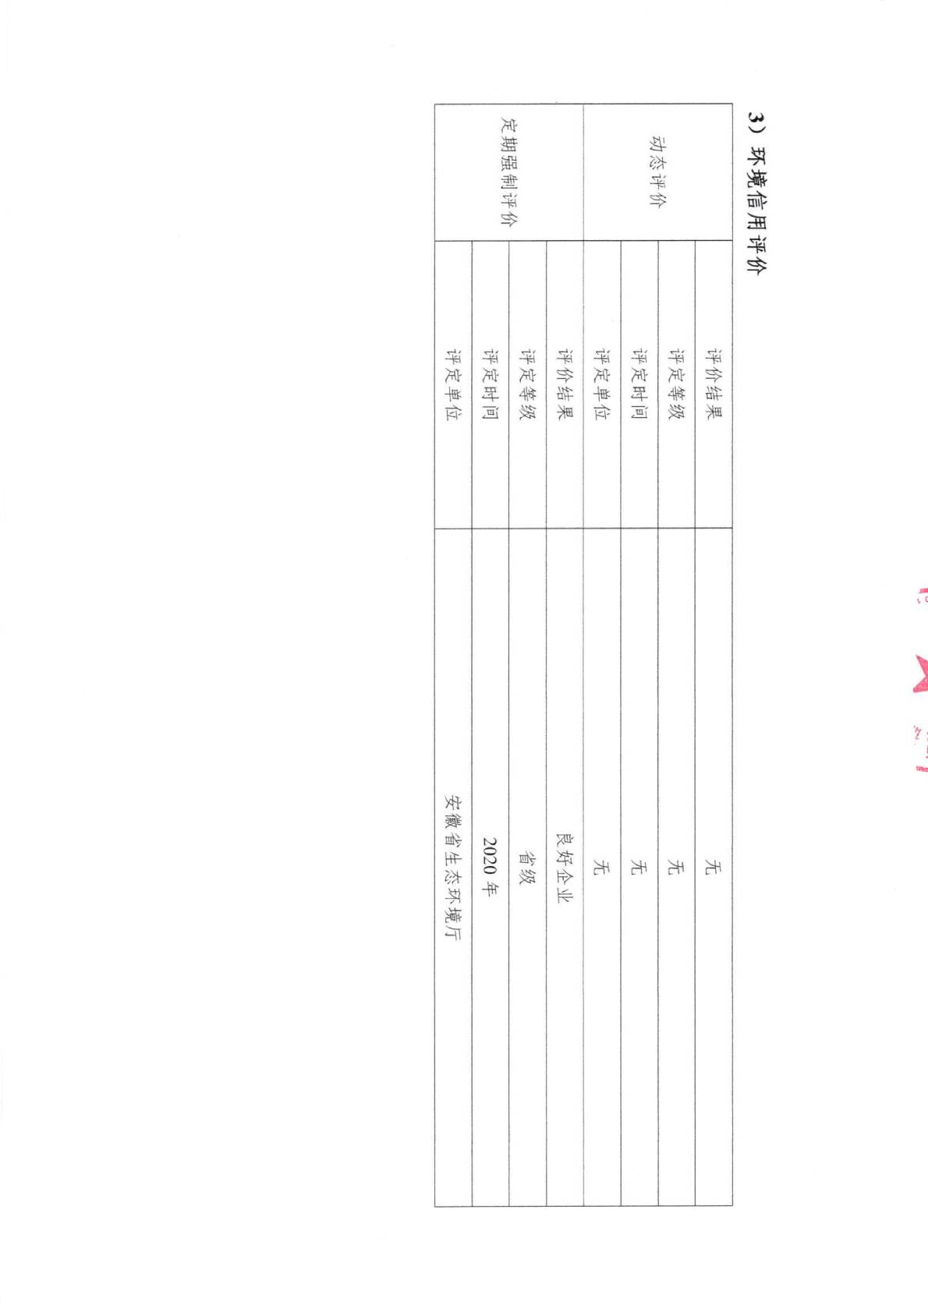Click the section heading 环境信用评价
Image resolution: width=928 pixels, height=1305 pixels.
tap(756, 200)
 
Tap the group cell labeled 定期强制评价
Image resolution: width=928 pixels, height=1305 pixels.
tap(509, 172)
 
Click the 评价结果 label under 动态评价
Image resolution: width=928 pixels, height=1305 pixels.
tap(714, 384)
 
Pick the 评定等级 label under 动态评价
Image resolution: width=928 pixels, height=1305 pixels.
tap(676, 384)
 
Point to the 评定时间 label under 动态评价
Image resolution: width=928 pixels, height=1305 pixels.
tap(639, 384)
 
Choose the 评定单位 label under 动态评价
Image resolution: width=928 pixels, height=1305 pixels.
tap(602, 384)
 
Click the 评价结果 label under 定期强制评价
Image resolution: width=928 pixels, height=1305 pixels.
tap(565, 384)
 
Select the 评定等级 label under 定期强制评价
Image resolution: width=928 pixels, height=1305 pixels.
tap(527, 384)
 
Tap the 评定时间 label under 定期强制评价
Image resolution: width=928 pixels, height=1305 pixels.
tap(491, 384)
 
